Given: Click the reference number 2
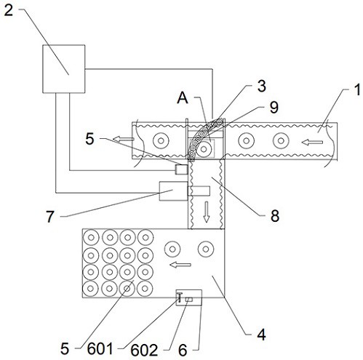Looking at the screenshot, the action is tap(8, 11).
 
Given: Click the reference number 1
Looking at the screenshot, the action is tap(356, 89).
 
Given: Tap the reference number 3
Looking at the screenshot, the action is tap(261, 86).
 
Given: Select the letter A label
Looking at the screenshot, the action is tap(183, 98).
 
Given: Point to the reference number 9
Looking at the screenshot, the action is tap(274, 108).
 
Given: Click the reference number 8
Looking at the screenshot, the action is tap(275, 215).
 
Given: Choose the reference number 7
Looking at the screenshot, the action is tap(50, 217).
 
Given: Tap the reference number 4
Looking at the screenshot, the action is tap(261, 335).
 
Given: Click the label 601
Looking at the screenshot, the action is tap(100, 349).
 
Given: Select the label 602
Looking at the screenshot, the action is tap(144, 351).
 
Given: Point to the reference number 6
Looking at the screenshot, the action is tap(183, 350).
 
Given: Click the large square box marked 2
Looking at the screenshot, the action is tap(64, 69).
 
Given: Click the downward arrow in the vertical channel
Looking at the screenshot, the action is tap(207, 212).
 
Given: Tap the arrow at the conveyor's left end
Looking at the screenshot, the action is tap(124, 139).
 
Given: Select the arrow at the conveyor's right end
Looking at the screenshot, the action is tap(312, 143).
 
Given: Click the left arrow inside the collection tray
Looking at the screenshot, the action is tap(180, 265).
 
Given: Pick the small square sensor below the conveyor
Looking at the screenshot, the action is tap(181, 169).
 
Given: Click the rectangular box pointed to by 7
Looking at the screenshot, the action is tap(173, 191).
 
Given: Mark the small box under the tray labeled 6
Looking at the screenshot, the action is tap(189, 297).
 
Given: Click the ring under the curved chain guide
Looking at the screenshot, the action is tap(204, 149).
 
